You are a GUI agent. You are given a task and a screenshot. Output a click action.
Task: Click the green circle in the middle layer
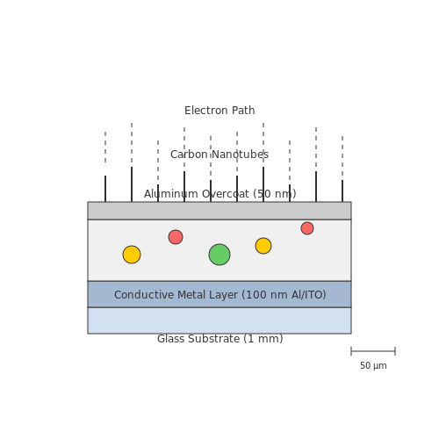tap(219, 255)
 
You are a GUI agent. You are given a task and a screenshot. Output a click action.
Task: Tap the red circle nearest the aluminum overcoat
tap(307, 228)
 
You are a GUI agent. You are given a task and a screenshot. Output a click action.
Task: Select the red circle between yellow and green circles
tap(176, 237)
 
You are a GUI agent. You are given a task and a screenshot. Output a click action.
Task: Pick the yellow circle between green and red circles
tap(263, 246)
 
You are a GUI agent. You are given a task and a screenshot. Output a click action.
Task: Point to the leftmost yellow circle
tap(132, 255)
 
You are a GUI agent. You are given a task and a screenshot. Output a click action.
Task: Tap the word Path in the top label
tap(243, 111)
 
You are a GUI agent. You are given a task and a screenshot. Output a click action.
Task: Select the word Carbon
tap(189, 155)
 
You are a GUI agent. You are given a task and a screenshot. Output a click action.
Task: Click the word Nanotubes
tap(240, 155)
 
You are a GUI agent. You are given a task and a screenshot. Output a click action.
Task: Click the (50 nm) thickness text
tap(275, 194)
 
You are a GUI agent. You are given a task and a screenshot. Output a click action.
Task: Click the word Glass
tap(170, 339)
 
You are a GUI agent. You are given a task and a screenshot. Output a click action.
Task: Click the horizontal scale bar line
tap(373, 351)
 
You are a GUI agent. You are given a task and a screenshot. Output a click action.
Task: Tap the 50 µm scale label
tap(373, 365)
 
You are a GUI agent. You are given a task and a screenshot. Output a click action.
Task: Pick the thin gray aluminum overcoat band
tap(219, 211)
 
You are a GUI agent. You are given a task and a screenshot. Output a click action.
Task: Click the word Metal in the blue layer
tap(191, 295)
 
